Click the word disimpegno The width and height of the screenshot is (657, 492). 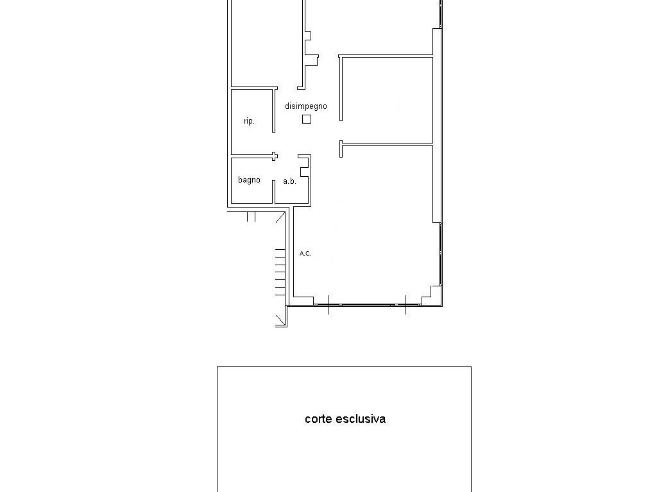point(306,106)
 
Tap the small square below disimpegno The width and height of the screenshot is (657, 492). point(307,119)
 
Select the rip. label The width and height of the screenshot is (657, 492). point(249,121)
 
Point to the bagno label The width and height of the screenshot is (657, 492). point(249,180)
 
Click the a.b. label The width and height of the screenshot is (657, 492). point(289,181)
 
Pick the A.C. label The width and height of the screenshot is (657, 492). point(305,254)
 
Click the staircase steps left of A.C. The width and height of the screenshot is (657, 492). point(280,272)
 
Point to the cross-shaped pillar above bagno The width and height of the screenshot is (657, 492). point(274,156)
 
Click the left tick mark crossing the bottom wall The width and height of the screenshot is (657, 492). point(328,305)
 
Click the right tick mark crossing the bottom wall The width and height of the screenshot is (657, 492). point(405,305)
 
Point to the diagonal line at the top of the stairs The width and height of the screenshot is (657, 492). point(280,218)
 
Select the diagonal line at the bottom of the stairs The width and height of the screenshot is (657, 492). point(281,320)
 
